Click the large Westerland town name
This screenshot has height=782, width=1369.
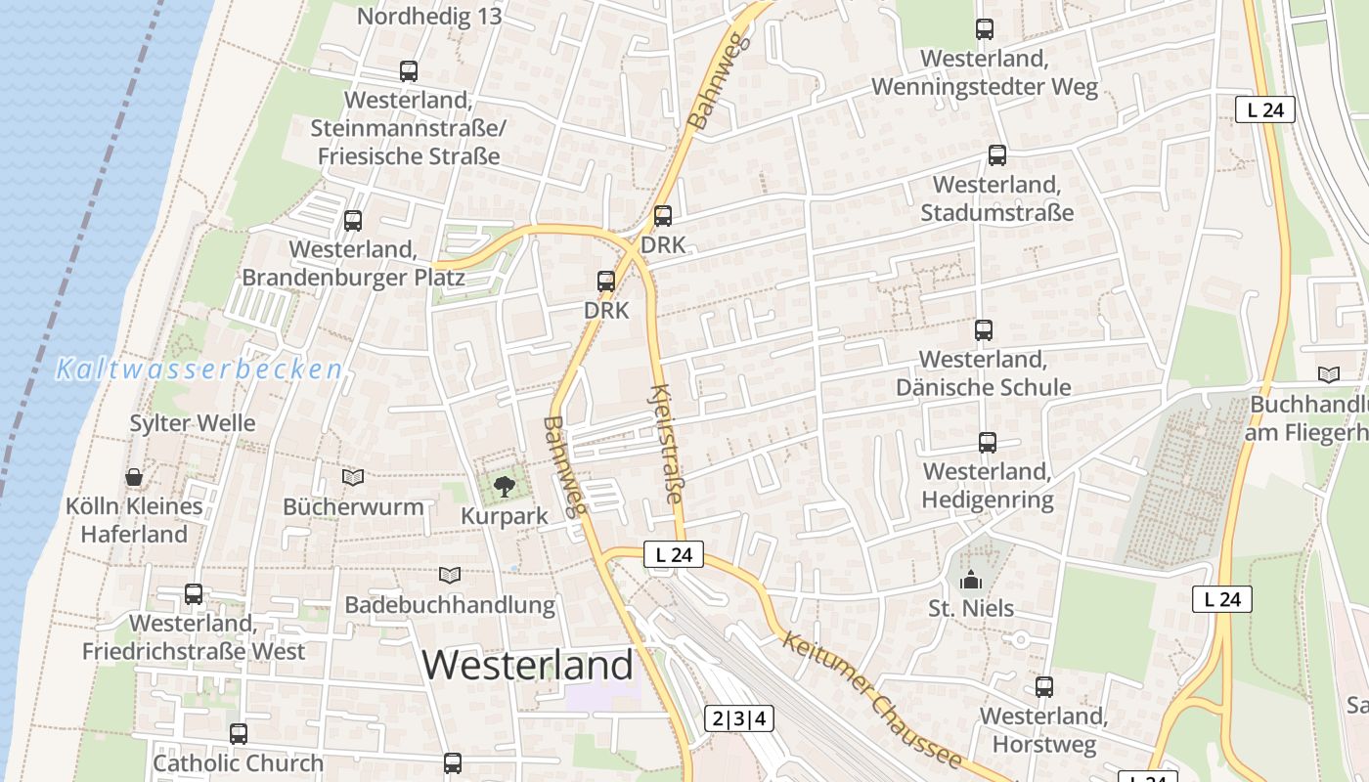(x=528, y=666)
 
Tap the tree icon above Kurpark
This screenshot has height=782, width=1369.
(x=504, y=486)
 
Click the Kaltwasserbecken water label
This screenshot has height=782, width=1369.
(x=199, y=369)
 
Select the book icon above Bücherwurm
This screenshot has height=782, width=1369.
(x=353, y=477)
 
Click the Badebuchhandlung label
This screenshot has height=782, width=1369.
(x=450, y=605)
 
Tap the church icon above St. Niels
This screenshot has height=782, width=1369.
(x=971, y=580)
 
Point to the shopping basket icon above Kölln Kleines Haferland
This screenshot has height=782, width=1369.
(x=134, y=477)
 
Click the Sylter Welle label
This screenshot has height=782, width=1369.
(x=193, y=423)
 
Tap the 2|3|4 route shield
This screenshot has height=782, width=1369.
(x=739, y=719)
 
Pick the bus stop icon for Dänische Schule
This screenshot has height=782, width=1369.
(x=984, y=330)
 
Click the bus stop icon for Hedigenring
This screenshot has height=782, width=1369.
(x=988, y=443)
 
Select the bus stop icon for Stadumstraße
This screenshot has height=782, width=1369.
(x=997, y=154)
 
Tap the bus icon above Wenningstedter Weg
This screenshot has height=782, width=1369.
(x=985, y=29)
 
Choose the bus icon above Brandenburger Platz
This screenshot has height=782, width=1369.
(x=353, y=221)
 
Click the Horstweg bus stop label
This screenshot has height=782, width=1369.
(x=1043, y=730)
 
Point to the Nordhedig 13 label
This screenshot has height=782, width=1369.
(x=429, y=16)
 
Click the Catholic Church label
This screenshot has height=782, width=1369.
(x=238, y=762)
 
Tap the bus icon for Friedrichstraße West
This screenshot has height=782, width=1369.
(x=194, y=594)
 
